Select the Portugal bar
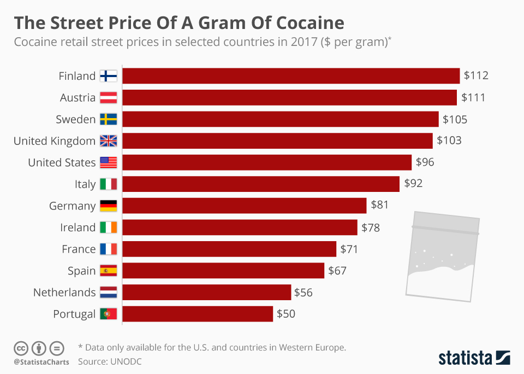[x=197, y=314]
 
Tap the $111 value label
[x=473, y=97]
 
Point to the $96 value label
[x=425, y=162]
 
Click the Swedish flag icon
[x=108, y=119]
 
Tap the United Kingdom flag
[x=108, y=141]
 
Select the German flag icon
[x=108, y=206]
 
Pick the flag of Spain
[x=108, y=271]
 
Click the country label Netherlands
[x=64, y=293]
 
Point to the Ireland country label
[x=78, y=227]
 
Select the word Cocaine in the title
[x=310, y=23]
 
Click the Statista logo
[x=474, y=358]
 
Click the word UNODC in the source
[x=126, y=361]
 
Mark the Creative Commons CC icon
[x=21, y=348]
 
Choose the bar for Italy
[x=260, y=184]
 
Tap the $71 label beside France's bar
[x=349, y=249]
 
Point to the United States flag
[x=108, y=162]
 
